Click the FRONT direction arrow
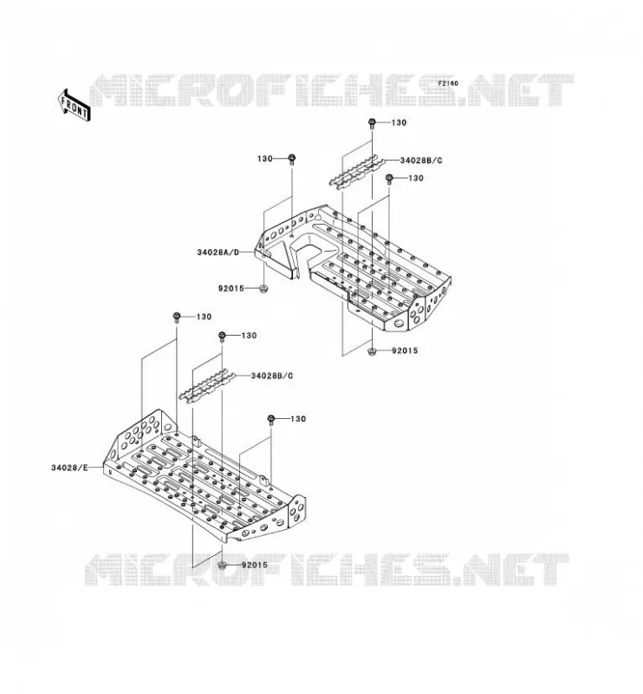(x=75, y=107)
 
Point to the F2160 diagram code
(x=448, y=83)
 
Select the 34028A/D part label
(x=218, y=252)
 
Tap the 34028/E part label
(x=70, y=468)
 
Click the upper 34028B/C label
(x=421, y=160)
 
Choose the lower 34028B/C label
(x=272, y=376)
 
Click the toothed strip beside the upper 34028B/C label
(x=356, y=172)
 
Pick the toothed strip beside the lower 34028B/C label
(x=207, y=386)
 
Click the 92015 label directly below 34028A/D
(x=231, y=289)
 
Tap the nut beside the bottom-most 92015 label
(x=223, y=566)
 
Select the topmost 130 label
(x=399, y=122)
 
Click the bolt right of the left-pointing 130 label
(x=292, y=160)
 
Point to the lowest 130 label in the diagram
(x=298, y=419)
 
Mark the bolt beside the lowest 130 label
(x=271, y=420)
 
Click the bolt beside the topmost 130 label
(x=372, y=123)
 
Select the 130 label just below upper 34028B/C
(x=416, y=178)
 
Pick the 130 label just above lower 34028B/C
(x=249, y=336)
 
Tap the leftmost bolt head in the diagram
(x=177, y=318)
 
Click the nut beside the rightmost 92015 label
(x=372, y=351)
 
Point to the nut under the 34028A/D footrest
(x=263, y=290)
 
